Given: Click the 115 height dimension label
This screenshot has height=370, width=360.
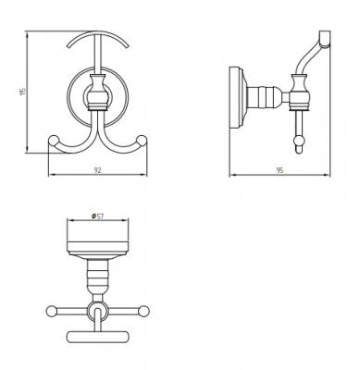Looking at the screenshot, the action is pos(22,92).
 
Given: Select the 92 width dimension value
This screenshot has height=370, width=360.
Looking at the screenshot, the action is pos(97,170).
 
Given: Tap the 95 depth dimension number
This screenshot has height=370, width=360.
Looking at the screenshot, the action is pos(279,170).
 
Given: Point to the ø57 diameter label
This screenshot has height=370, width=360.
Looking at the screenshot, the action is pos(97,216).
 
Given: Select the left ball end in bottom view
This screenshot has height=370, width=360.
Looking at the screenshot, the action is pos(51,311).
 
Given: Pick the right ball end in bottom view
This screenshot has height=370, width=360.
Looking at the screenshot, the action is pos(143,311).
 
